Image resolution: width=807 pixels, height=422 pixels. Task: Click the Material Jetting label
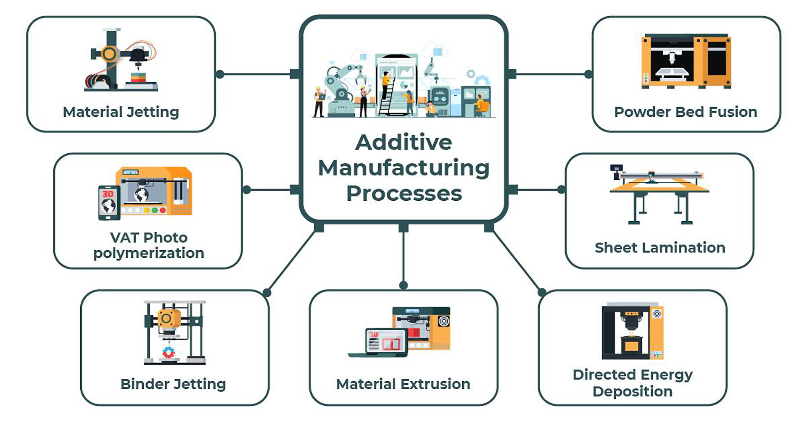coord(121,112)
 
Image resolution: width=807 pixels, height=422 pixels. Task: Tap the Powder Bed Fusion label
coord(686,112)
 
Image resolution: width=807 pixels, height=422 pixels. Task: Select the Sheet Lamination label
coord(660,248)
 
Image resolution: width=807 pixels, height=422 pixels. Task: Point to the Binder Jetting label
coord(173,384)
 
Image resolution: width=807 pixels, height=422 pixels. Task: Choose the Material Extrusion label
coord(403,384)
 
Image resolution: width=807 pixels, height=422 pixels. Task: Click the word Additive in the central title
coord(403,142)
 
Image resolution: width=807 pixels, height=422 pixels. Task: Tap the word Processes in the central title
coord(404,194)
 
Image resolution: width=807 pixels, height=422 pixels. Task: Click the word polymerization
coord(149,254)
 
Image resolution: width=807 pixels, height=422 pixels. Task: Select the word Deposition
coord(633,391)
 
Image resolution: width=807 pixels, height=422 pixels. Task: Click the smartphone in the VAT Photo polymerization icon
coord(109,203)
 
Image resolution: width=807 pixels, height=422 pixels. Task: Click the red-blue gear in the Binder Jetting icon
coord(169,352)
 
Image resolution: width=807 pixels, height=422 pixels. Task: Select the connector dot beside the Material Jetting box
coord(220,74)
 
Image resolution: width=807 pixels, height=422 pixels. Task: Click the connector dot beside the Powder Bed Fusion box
coord(588,74)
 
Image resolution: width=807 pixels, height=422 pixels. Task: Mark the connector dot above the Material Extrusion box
coord(403,286)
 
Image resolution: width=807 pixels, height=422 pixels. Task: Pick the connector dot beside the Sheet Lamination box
coord(561,190)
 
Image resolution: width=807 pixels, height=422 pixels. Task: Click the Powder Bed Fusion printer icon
coord(686,61)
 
